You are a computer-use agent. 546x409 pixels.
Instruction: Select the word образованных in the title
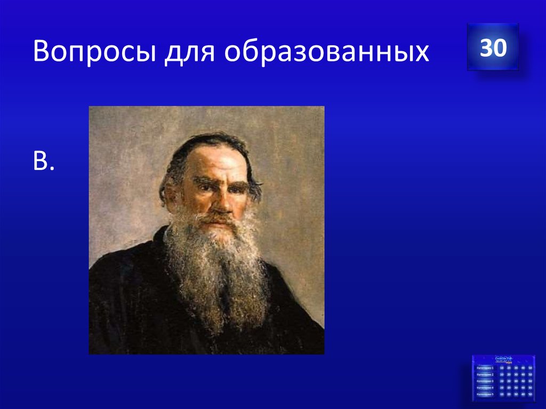click(x=326, y=53)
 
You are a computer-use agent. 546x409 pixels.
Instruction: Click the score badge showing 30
click(x=493, y=48)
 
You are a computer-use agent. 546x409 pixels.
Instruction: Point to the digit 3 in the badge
click(x=486, y=49)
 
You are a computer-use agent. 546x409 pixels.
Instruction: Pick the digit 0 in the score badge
click(x=499, y=49)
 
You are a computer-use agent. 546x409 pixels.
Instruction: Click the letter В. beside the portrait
click(x=44, y=162)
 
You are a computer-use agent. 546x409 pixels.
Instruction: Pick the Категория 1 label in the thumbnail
click(x=485, y=368)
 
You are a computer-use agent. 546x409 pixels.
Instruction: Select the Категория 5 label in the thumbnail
click(x=485, y=394)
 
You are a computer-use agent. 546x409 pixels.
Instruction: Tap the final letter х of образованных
click(x=421, y=55)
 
